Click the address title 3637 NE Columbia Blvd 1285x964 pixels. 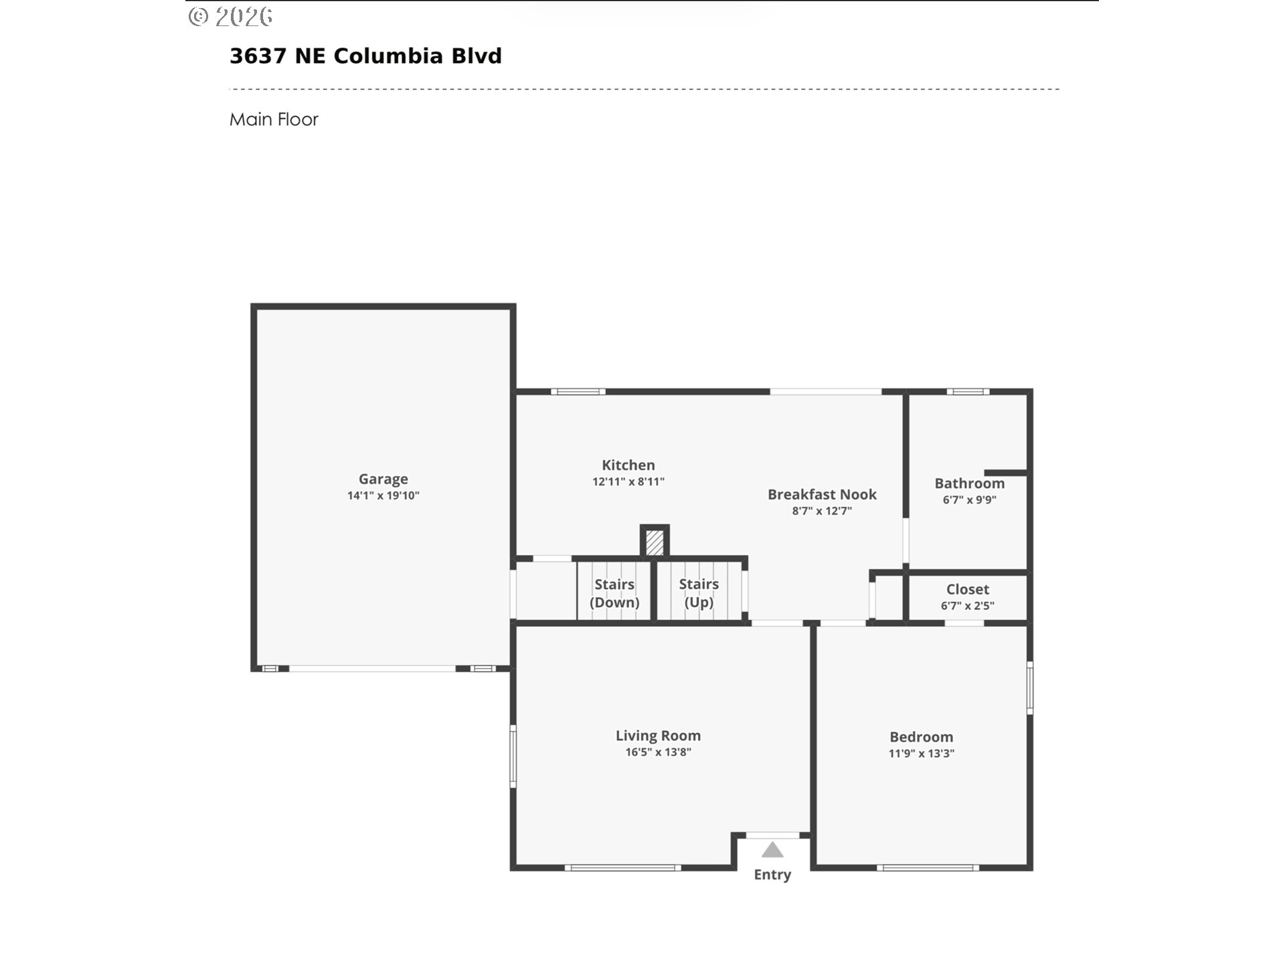(365, 56)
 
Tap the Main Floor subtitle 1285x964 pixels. (274, 119)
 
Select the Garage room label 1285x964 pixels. (383, 479)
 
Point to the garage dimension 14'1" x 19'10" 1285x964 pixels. (383, 495)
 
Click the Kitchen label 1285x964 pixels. (628, 465)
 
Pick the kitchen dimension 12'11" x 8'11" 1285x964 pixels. (628, 481)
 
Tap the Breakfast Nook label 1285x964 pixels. (822, 494)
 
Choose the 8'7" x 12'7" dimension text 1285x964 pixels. (822, 511)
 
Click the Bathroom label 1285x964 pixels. (969, 483)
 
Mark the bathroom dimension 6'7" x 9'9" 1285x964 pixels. (969, 499)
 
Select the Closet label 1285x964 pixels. (967, 589)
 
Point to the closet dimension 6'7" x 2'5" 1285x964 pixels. (967, 606)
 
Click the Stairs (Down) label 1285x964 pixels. (614, 593)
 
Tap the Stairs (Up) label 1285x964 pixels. (699, 593)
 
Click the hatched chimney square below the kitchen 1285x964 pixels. (655, 542)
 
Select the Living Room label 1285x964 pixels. (658, 736)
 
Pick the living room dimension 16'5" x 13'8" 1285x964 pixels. (658, 752)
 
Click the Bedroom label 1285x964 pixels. (921, 737)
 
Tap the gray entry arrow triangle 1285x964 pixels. (772, 850)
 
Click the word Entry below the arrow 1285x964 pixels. (772, 874)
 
